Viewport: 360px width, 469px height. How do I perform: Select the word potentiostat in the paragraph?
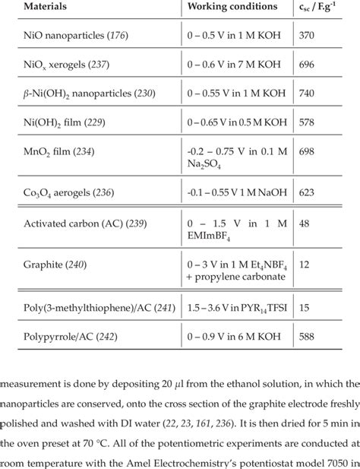pyautogui.click(x=266, y=461)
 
